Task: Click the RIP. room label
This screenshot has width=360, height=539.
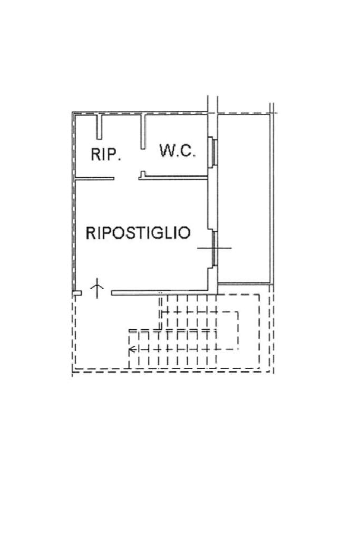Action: coord(106,154)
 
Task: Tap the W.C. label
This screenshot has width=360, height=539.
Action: coord(178,152)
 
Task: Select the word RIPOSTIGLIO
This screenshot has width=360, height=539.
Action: coord(138,233)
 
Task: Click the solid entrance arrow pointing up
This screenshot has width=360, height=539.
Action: coord(98,288)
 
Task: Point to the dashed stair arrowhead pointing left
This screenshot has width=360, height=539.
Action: coord(132,349)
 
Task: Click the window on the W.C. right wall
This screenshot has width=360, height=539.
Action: coord(213,152)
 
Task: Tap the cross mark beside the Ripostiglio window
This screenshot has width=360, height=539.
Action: coord(215,248)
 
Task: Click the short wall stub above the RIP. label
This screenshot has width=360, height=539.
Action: coord(99,126)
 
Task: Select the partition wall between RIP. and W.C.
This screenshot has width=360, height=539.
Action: coord(142,132)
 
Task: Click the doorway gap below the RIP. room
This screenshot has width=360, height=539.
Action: coord(127,178)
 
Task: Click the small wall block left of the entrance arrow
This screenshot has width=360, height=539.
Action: coord(77,292)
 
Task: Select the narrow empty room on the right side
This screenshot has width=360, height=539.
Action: coord(244,198)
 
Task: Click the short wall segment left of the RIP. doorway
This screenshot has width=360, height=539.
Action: coord(95,178)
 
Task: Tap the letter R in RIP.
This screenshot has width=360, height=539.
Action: coord(96,154)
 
